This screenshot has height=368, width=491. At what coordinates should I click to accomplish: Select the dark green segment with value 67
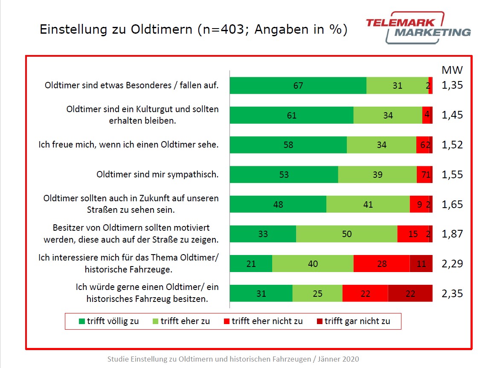pos(298,85)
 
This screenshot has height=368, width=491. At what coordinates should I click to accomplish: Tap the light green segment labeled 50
pos(346,234)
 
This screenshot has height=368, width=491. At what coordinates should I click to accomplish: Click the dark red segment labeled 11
pos(421,264)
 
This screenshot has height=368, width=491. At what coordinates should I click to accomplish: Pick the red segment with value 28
pos(381,264)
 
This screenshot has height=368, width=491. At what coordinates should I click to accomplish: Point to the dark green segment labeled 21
pos(251,264)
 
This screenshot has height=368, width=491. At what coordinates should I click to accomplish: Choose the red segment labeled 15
pos(413,234)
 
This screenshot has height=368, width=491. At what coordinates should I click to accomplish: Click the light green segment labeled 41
pos(368,204)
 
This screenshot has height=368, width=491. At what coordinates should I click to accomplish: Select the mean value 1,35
pos(452,85)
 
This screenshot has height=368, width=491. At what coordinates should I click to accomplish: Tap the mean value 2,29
pos(452,264)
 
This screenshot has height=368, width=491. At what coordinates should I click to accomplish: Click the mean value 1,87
pos(452,234)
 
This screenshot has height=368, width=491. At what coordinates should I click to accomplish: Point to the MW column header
pos(452,70)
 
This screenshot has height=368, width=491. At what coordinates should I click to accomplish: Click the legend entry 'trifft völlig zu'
pos(109,321)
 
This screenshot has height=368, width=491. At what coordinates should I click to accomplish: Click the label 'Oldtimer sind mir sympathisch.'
pos(157,174)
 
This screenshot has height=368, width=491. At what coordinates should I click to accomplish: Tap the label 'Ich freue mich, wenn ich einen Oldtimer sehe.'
pos(128,145)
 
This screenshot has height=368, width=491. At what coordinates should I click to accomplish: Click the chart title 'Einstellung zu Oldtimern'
pos(193,29)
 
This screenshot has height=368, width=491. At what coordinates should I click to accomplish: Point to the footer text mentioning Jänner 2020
pos(236,359)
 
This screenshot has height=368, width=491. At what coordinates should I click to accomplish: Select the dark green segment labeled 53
pos(284,174)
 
